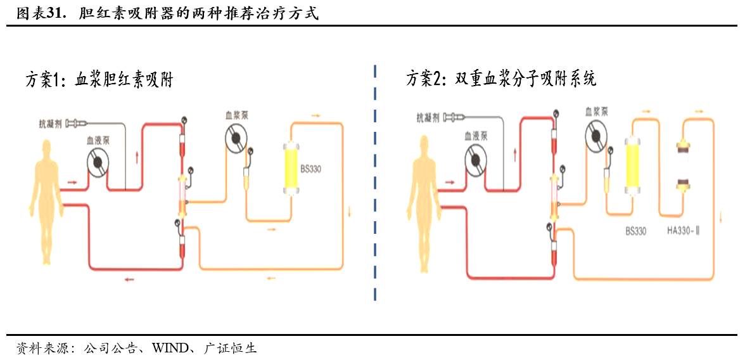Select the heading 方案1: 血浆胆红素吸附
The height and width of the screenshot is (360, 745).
click(x=99, y=80)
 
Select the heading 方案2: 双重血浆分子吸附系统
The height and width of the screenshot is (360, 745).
click(x=500, y=79)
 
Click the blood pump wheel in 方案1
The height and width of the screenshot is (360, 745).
click(x=98, y=163)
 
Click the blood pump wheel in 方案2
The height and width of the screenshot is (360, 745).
click(x=478, y=159)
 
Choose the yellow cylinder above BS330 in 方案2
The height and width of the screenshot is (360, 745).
click(x=634, y=165)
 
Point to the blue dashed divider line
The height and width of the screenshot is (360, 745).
click(x=376, y=184)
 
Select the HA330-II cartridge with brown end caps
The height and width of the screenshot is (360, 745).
click(x=683, y=166)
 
